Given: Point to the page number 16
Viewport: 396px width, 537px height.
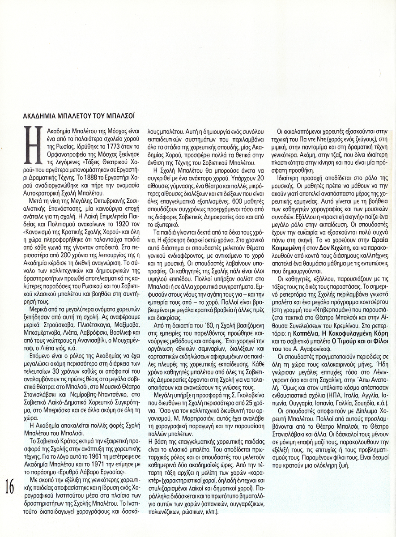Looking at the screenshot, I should click(x=10, y=486).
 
